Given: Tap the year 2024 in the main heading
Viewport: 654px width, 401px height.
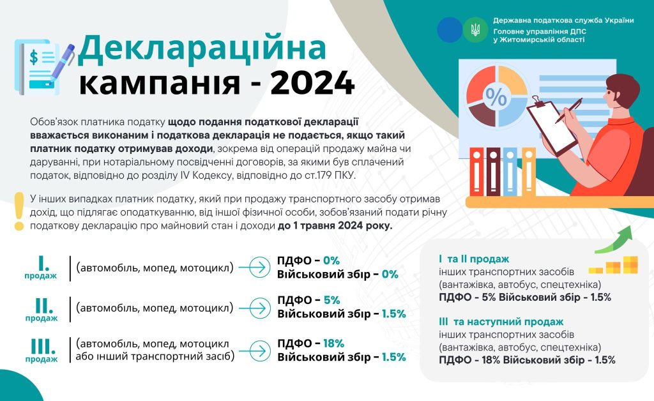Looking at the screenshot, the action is coord(313,83).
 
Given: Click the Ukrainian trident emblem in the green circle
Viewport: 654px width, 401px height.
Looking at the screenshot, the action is coord(475,29).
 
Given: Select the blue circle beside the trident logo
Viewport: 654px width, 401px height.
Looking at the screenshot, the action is coord(449,29).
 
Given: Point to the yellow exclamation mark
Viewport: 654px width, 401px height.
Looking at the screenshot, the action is coord(19,211).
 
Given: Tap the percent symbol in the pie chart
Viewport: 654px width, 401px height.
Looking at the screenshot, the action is coord(496,98).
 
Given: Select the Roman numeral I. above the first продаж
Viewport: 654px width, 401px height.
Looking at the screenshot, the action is coord(43,264).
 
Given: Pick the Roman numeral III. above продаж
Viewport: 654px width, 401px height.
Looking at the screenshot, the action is coord(43,346).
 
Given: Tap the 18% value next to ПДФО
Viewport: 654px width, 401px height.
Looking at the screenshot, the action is coord(333,344).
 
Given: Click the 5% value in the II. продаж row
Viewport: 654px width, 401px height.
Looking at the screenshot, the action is coord(331,300).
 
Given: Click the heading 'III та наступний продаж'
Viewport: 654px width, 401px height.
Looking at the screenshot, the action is coord(501,322).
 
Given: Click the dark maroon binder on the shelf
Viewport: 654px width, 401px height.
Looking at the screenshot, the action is coord(494,172).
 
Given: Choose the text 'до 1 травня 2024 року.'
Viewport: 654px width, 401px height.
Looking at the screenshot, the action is coord(335,226).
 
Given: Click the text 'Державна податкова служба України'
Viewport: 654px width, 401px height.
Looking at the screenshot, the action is coord(563,20).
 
